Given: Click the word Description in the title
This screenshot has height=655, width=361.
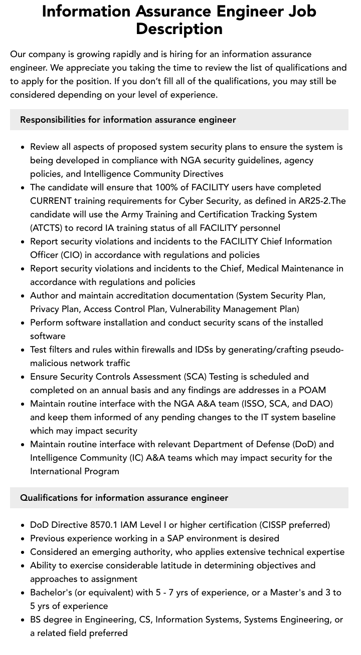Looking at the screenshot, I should pos(179,29).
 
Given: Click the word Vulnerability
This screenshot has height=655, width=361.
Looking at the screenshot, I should pos(199,309).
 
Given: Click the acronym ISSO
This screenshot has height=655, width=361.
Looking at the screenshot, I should pos(268,404).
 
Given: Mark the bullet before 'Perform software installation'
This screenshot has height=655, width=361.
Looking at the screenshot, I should pos(23,323).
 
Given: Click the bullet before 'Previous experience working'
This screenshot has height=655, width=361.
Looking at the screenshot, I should pos(23,539).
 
